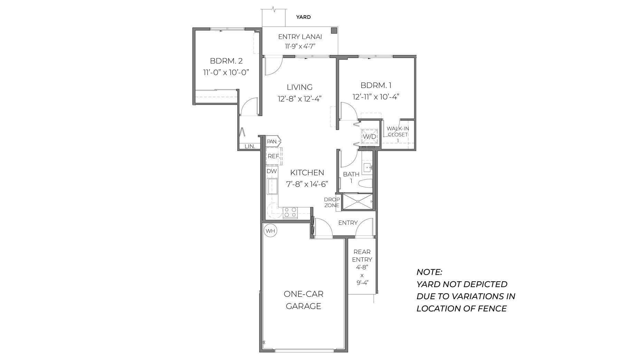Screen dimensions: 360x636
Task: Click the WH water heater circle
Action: pos(271,231)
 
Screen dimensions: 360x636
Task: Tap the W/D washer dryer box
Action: pos(369,136)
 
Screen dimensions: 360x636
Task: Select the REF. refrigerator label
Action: pos(273,156)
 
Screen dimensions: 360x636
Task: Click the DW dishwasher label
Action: pos(272,171)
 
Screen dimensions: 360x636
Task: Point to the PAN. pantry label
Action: pos(272,141)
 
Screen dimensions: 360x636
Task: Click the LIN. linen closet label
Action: pos(250,146)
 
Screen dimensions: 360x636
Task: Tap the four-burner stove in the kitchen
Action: pos(290,212)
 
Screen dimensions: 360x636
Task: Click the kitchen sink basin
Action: pos(273,187)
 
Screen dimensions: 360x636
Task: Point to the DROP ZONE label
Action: pos(332,202)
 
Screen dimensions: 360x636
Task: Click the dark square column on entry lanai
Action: pos(334,30)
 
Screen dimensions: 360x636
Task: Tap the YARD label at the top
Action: pos(303,17)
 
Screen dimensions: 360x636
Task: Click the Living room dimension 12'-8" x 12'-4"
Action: pos(300,99)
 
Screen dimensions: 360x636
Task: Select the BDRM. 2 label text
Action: pos(226,61)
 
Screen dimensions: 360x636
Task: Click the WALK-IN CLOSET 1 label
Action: pos(398,134)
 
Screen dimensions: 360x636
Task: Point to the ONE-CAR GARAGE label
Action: pos(303,300)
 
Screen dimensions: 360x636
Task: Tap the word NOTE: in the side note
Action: pos(429,272)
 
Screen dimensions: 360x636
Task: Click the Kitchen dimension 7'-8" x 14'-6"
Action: pos(307,184)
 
